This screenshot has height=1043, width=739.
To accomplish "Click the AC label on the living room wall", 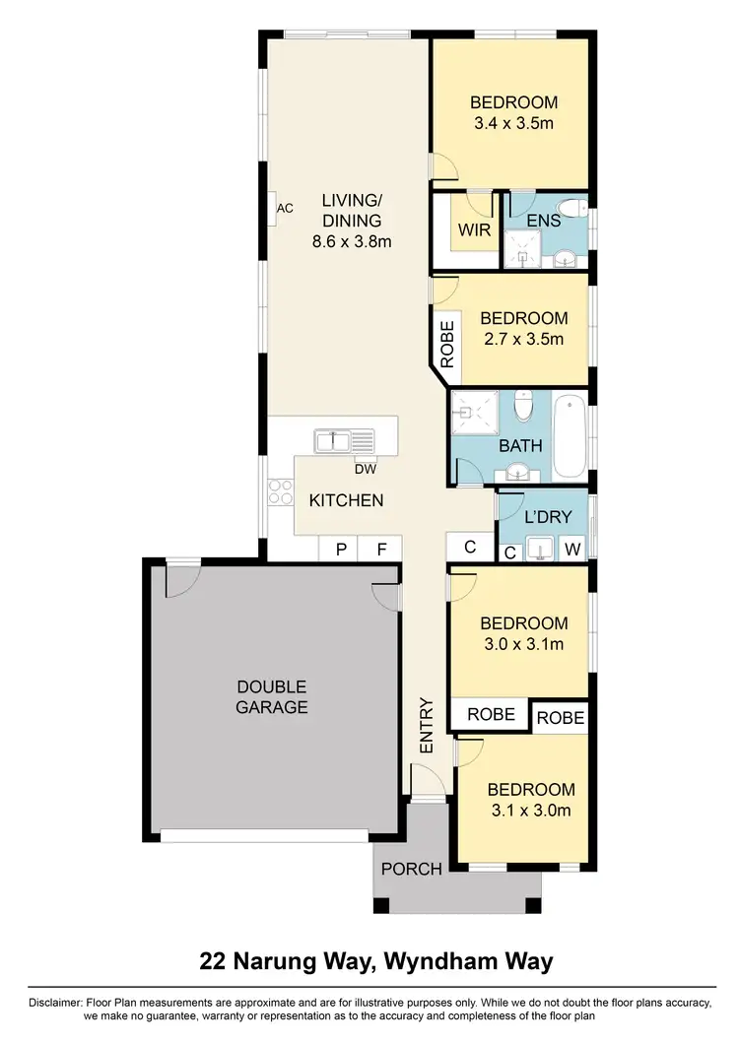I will pos(285,209).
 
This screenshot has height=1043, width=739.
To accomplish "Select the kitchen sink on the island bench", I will pos(344,440).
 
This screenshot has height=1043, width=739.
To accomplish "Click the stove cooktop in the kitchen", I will pos(281,491).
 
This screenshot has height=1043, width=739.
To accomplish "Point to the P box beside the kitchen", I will pos(341,550).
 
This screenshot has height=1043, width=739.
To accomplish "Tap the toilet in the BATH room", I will pos(524,405).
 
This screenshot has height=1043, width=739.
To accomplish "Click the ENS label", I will pos(543,221).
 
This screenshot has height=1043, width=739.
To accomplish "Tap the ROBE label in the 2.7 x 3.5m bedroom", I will pos(447,345).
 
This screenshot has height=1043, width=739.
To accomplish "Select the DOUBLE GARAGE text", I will pos(271,697).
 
